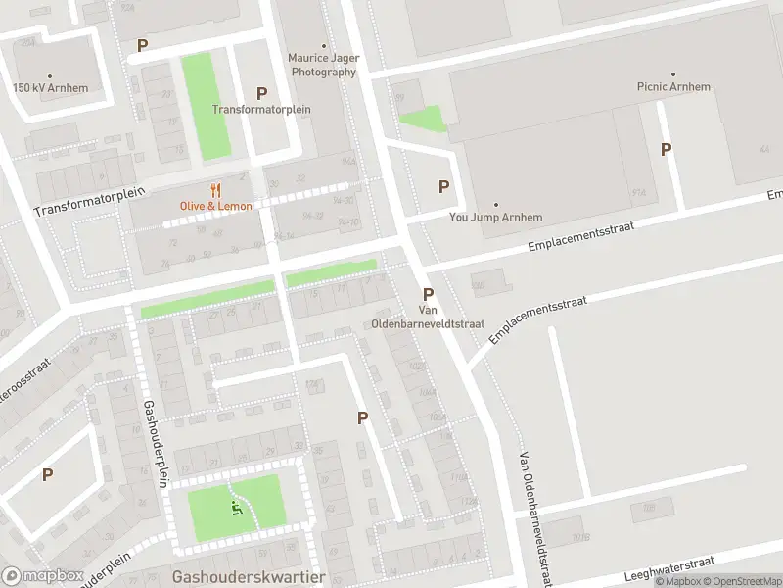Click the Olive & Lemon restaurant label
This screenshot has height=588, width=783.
(x=215, y=206)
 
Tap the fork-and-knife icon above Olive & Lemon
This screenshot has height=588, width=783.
(x=215, y=190)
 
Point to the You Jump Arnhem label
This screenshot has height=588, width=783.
(x=495, y=218)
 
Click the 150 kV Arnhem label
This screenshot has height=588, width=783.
(x=50, y=88)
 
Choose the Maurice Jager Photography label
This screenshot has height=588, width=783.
(x=323, y=65)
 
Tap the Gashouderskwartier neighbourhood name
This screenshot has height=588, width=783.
(x=248, y=577)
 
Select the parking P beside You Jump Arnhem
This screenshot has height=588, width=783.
(x=444, y=186)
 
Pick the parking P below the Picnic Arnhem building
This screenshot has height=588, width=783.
(x=667, y=149)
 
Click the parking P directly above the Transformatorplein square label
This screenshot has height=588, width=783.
(x=261, y=93)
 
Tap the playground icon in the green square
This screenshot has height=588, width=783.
(x=235, y=508)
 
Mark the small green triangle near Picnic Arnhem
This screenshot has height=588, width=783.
(x=421, y=121)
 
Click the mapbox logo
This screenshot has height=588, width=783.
(x=43, y=576)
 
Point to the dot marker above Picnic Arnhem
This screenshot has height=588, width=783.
(x=672, y=73)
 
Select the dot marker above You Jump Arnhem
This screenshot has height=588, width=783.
(x=495, y=204)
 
